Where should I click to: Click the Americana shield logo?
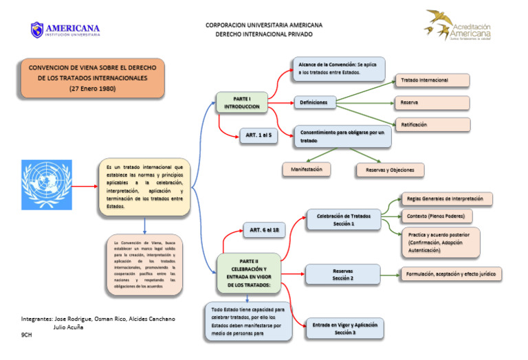tap(37, 30)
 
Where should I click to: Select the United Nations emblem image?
tap(46, 185)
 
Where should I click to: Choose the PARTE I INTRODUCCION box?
tap(241, 103)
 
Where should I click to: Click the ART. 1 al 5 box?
tap(259, 135)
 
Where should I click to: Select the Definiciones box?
tap(314, 103)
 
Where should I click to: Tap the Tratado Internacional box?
tap(431, 80)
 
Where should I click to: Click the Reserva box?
tap(431, 103)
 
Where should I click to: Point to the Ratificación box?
tap(431, 124)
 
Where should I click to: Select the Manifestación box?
tap(307, 168)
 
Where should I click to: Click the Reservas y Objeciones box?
tap(390, 170)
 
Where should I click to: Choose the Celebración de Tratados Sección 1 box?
tap(343, 220)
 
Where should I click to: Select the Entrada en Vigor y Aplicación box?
tap(345, 328)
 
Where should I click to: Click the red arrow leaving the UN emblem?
tap(85, 185)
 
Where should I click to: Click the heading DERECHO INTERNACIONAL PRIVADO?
tap(263, 34)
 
